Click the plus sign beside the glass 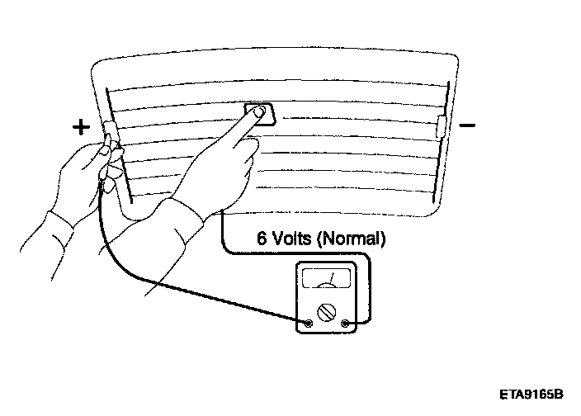[80, 126]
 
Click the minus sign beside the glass [467, 125]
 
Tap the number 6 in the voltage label [262, 239]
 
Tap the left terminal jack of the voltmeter [308, 323]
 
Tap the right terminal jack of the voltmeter [345, 323]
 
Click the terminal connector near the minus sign [442, 126]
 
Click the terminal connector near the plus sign [108, 130]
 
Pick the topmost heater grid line [272, 86]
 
